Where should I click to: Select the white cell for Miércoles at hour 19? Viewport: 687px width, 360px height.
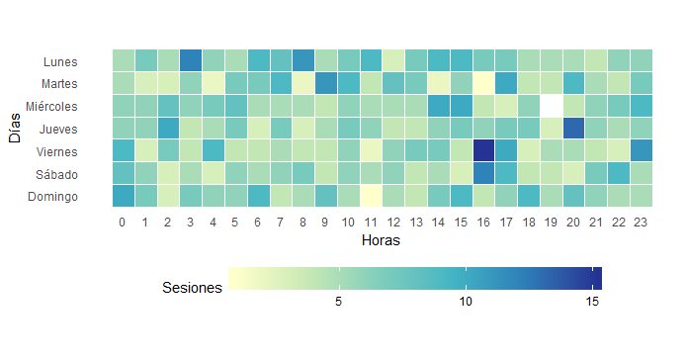[552, 105]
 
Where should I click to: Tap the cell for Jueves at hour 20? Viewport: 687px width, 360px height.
[573, 128]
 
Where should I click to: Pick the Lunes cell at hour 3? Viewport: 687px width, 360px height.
[190, 60]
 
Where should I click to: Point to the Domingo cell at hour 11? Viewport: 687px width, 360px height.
[370, 196]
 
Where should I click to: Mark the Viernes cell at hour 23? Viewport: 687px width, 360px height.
[641, 150]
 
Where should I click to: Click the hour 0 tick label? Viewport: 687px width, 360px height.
[123, 222]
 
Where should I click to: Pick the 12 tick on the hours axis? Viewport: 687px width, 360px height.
[392, 222]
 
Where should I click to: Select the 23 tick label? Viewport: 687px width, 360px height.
[641, 222]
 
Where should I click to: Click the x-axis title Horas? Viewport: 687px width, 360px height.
[381, 240]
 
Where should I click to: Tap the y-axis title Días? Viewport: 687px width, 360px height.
[16, 128]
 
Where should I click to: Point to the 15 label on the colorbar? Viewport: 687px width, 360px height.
[592, 302]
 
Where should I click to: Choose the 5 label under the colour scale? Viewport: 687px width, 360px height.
[339, 302]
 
